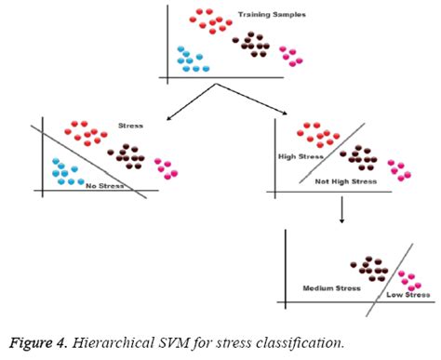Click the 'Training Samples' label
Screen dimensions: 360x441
point(273,15)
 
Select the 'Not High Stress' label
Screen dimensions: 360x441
point(345,181)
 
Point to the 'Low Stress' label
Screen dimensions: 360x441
point(408,296)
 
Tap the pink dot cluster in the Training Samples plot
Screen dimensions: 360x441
point(292,58)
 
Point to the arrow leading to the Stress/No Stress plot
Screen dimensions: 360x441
point(190,103)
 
